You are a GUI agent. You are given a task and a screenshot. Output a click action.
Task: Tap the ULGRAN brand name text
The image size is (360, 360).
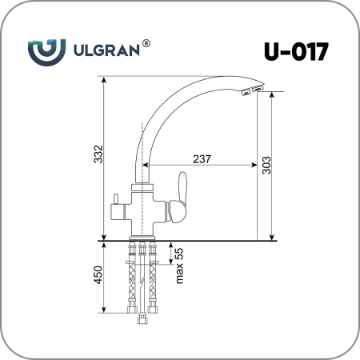point(106,50)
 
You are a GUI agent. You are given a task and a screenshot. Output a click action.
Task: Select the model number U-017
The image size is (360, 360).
point(296,52)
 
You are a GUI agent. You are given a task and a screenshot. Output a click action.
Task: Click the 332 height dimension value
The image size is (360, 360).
point(98,154)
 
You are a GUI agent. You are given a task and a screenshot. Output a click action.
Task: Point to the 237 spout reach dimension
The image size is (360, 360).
point(202,159)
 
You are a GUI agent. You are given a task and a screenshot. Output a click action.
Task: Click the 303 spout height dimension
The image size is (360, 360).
point(266,166)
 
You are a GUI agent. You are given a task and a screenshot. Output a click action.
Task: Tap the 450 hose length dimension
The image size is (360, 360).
point(98,275)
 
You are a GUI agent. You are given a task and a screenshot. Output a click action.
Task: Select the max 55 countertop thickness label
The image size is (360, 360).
point(179,266)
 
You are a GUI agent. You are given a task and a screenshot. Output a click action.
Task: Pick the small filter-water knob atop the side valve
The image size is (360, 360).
point(116,199)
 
